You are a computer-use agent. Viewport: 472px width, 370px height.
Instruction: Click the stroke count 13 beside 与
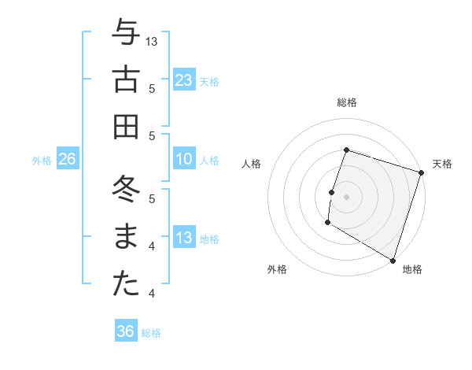click(153, 41)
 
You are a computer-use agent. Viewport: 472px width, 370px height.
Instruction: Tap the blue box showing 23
click(184, 80)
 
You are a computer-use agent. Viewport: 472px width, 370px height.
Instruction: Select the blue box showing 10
click(184, 159)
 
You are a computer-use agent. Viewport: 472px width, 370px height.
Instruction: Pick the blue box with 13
click(184, 238)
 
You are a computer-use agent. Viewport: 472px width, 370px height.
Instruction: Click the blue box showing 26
click(67, 159)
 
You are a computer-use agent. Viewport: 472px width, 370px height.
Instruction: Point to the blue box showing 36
click(126, 331)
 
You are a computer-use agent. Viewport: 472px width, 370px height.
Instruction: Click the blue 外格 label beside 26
click(42, 161)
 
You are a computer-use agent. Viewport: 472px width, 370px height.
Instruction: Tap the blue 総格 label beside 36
click(152, 333)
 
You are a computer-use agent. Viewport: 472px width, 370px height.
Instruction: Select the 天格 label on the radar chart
click(442, 164)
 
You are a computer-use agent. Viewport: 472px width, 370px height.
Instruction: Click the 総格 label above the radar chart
click(347, 102)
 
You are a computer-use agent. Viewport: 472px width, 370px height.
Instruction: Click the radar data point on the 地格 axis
click(393, 259)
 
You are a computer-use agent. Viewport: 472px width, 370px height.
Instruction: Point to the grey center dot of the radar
click(346, 197)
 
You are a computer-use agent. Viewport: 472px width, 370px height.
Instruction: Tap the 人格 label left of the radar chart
click(252, 164)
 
